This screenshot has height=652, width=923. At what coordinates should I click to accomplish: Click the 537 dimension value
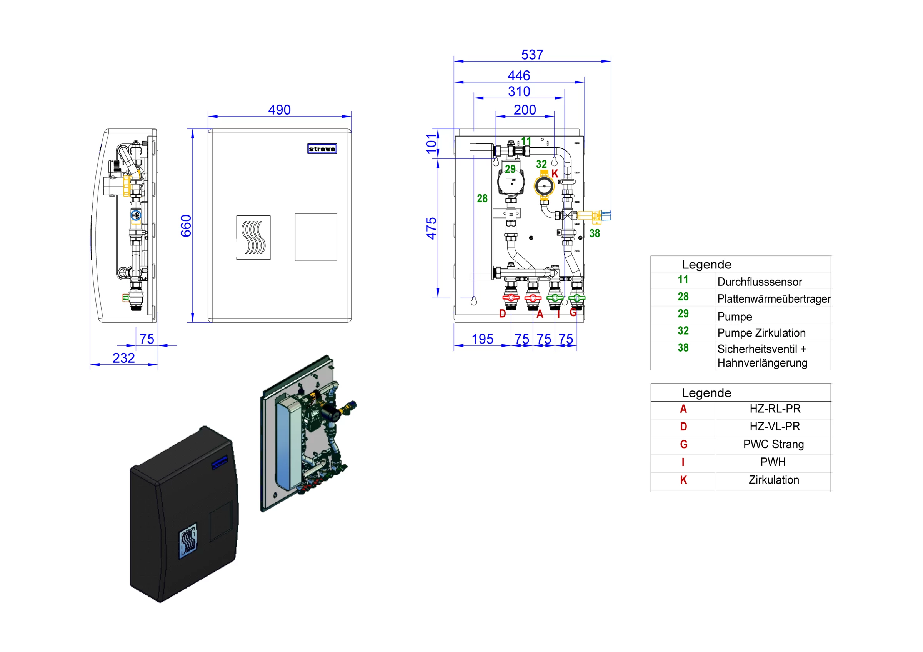tap(532, 55)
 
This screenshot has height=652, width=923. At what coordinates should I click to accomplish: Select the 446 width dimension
tap(518, 75)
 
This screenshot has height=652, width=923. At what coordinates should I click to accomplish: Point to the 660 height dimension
tap(186, 225)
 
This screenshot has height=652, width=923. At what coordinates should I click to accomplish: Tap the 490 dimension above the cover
tap(279, 110)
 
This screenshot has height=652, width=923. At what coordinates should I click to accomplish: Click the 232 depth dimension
tap(123, 358)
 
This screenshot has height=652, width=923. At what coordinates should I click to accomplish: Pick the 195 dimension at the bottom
tap(482, 339)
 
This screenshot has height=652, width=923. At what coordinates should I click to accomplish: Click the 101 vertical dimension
tap(431, 143)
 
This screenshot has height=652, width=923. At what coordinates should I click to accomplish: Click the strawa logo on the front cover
tap(322, 149)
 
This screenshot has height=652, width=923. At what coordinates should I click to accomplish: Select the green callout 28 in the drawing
tap(482, 198)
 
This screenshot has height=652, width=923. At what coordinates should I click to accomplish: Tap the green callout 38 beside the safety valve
tap(594, 233)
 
